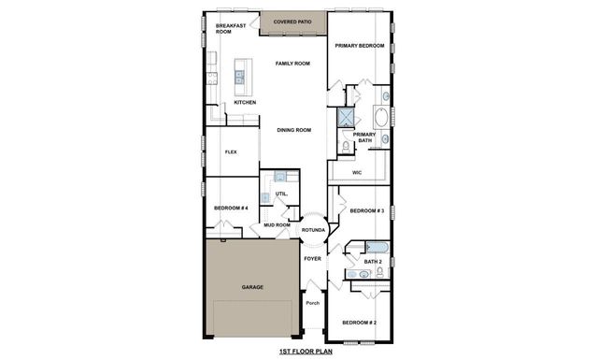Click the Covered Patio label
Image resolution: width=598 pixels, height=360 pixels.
coord(292,21)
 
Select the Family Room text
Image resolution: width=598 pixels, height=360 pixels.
coord(292,64)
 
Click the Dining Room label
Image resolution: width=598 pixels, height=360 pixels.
coord(293,130)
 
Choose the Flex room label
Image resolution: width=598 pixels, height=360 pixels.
coord(231,151)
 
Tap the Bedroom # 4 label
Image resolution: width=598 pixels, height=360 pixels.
coord(230,207)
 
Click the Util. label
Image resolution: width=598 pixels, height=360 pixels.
coord(280,194)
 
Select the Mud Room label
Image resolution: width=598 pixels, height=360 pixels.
coord(277,225)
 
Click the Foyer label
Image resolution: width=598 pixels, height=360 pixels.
coord(313,259)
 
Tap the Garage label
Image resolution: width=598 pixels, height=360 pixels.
coord(251,288)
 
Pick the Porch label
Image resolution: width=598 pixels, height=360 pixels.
coord(313,303)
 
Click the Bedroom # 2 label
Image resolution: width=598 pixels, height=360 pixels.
coord(359,323)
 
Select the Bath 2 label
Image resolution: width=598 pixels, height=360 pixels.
coord(373,262)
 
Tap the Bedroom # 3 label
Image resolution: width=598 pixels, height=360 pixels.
coord(367,211)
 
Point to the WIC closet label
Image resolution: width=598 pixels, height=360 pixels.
coord(357,173)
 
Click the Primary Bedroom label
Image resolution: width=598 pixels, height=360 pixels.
coord(360,46)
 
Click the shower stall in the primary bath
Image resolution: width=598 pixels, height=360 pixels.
coord(347,117)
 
